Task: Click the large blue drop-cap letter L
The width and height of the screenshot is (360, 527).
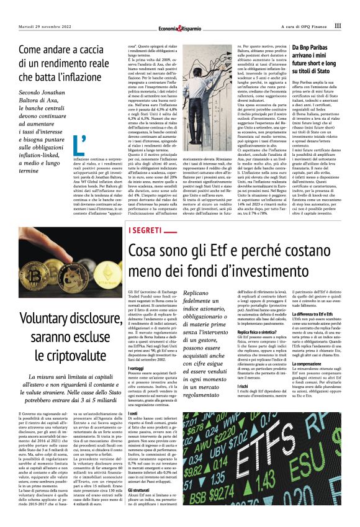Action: (x=79, y=147)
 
